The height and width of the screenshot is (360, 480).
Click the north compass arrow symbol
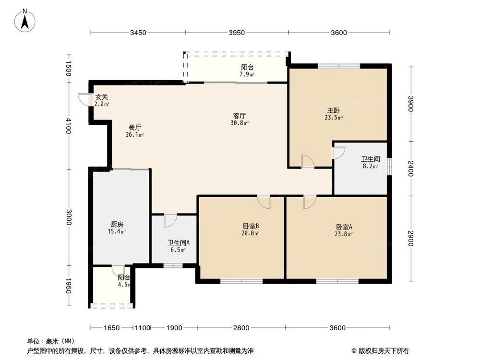point(26,20)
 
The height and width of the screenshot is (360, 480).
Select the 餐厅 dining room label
point(135,128)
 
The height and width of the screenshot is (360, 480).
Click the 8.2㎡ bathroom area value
point(370,167)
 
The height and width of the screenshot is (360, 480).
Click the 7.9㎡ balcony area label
point(247,74)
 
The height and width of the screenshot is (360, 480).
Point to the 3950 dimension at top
point(237,33)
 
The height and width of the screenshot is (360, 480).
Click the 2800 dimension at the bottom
point(241,328)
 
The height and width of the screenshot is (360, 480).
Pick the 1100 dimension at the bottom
point(142,328)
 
